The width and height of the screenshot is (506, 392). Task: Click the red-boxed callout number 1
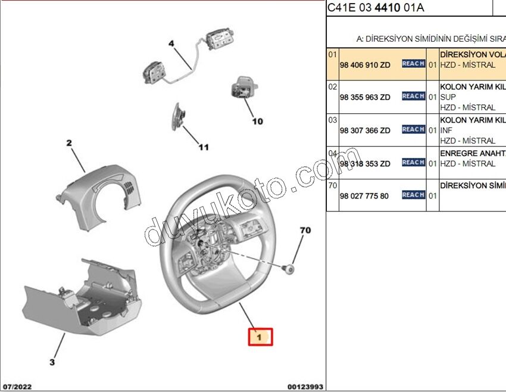(x=260, y=337)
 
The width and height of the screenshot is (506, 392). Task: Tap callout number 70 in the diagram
(x=305, y=229)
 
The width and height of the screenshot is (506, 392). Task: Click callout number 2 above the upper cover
(x=68, y=143)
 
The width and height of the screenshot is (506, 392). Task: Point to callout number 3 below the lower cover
(x=52, y=362)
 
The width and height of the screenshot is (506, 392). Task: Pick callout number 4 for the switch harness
(x=171, y=43)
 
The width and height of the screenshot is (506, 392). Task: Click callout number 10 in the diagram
(x=257, y=122)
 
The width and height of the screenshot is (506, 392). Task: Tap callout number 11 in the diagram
(x=204, y=147)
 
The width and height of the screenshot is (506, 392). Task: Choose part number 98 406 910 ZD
(x=365, y=64)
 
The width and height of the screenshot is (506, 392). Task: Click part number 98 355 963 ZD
(x=365, y=97)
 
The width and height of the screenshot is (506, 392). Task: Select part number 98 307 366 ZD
(x=365, y=130)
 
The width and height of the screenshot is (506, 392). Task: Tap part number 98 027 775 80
(x=364, y=196)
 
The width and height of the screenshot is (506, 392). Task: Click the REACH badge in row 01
(x=413, y=64)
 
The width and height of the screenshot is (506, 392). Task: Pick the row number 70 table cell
(x=332, y=186)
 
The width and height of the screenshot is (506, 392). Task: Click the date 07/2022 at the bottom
(x=17, y=386)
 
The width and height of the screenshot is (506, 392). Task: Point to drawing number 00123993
(x=305, y=386)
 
